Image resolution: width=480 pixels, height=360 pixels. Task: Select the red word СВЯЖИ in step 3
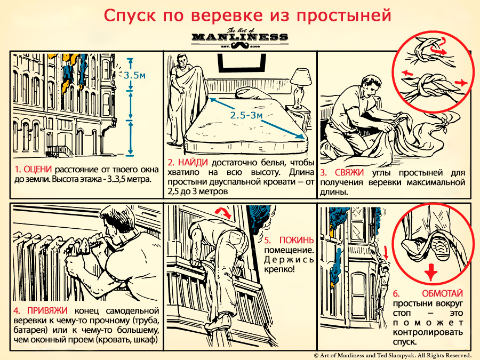pyautogui.click(x=350, y=173)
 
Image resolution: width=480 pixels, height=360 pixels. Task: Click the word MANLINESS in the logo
pyautogui.click(x=239, y=37)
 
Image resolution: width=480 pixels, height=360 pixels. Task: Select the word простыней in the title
pyautogui.click(x=345, y=14)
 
